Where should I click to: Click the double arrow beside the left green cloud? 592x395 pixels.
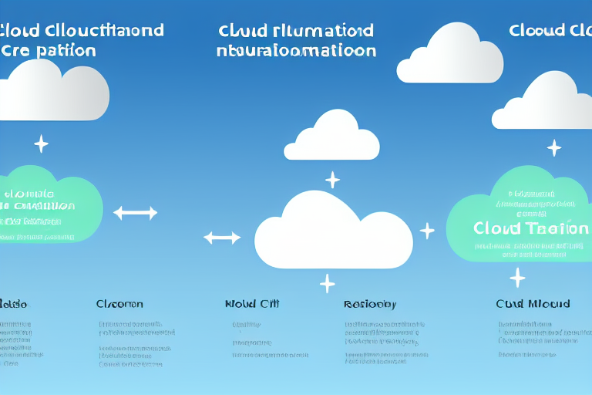point(136,213)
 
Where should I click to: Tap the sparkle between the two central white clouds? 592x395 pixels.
point(332,180)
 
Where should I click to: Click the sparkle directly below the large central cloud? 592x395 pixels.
point(328,283)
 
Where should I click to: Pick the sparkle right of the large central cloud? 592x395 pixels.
point(427,230)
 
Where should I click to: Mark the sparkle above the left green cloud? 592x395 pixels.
point(41,143)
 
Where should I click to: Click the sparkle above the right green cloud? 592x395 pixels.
point(553,147)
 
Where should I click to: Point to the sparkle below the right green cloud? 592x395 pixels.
point(517,278)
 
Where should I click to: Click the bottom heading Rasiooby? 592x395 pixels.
point(370,304)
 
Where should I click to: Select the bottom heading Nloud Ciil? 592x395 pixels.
point(252,304)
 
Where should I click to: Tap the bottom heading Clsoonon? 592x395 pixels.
point(119,304)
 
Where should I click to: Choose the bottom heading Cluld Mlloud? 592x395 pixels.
point(533,304)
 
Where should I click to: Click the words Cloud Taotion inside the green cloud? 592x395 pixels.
point(521,228)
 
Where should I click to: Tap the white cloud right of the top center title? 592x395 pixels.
point(450,56)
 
